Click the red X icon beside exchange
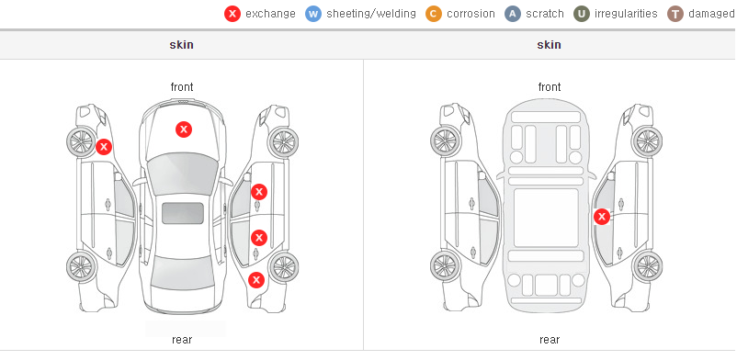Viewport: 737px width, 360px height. click(x=232, y=14)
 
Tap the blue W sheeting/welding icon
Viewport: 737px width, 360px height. click(x=313, y=14)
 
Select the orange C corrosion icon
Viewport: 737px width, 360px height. click(x=434, y=14)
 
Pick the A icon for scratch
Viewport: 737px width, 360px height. click(x=513, y=14)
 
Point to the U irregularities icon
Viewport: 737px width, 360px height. click(x=582, y=14)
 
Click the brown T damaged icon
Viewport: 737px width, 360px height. click(x=675, y=14)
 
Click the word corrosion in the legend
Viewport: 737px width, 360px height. click(x=471, y=14)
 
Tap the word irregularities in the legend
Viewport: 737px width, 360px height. click(x=626, y=14)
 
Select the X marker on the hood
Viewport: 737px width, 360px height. click(x=184, y=129)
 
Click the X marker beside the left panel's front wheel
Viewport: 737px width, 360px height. click(x=104, y=147)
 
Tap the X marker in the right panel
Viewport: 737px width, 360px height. click(x=602, y=217)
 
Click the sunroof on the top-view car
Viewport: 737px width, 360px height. click(x=183, y=213)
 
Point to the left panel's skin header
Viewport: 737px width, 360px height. click(x=181, y=45)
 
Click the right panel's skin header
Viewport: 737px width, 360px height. click(x=549, y=45)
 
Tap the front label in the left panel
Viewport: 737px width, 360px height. click(x=182, y=87)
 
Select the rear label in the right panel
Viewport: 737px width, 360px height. click(x=550, y=340)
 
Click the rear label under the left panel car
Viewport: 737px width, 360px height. click(x=182, y=340)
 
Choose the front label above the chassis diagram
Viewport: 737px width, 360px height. click(x=550, y=87)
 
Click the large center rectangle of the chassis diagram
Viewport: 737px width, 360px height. click(x=546, y=217)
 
